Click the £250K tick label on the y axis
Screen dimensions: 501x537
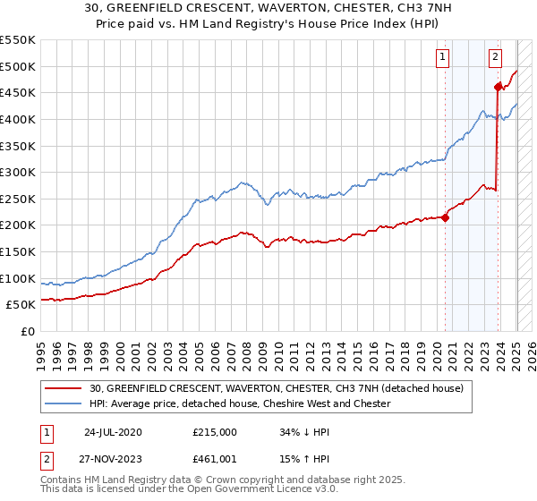coord(17,199)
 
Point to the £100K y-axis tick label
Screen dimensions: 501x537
coord(17,278)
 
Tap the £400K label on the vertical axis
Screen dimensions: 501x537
coord(17,119)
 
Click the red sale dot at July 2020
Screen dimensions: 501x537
coord(446,217)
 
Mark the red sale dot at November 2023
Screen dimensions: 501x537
coord(499,87)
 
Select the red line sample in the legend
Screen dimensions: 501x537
coord(64,389)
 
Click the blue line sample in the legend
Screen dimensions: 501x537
coord(64,404)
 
